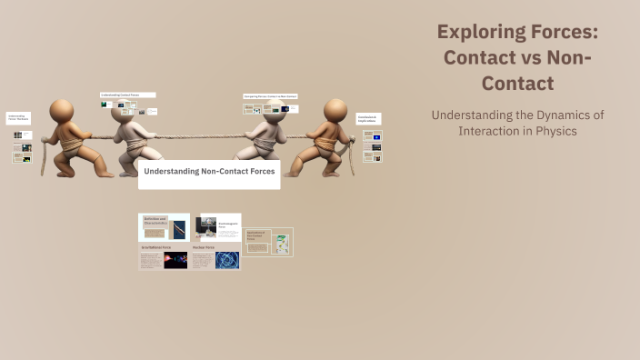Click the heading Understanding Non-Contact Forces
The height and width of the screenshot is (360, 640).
coord(209,171)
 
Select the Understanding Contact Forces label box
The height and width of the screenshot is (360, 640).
coord(127,95)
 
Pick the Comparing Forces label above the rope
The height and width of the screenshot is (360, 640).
coord(270,96)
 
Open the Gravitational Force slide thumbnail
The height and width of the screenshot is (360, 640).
coord(164,256)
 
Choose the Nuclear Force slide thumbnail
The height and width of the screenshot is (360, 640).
coord(215,256)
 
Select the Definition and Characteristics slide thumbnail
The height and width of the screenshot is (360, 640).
coord(164,227)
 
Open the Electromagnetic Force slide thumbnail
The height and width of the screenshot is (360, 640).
coord(217,227)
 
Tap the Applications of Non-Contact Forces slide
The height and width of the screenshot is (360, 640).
coord(268,242)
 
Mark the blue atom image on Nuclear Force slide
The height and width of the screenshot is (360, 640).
coord(226,260)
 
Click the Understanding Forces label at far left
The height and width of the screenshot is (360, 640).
coord(18,118)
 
